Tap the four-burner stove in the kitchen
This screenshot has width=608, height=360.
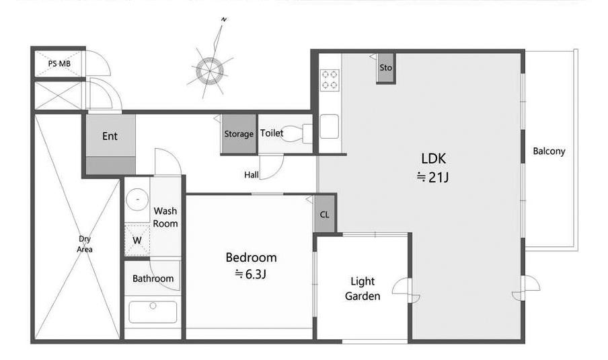click(x=330, y=80)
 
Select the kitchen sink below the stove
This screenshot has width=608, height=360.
click(x=329, y=127)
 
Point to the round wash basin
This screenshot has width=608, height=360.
click(x=137, y=199)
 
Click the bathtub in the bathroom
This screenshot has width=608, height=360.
click(x=153, y=312)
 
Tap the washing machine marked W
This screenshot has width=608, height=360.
click(x=137, y=240)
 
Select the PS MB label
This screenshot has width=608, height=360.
click(x=59, y=63)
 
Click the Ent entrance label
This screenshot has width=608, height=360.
click(x=110, y=136)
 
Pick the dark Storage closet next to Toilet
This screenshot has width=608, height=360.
click(x=239, y=134)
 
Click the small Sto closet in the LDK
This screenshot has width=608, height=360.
click(x=386, y=67)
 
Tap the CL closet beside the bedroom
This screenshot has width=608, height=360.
click(x=325, y=214)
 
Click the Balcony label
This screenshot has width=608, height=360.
click(x=549, y=151)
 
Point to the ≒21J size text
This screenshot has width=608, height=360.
click(x=432, y=177)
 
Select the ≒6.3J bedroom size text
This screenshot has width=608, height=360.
click(x=250, y=275)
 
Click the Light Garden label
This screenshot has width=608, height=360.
click(x=363, y=289)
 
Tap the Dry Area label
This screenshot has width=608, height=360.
click(x=85, y=244)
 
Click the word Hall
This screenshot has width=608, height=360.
click(x=252, y=175)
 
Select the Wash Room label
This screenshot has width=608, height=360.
click(x=165, y=217)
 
